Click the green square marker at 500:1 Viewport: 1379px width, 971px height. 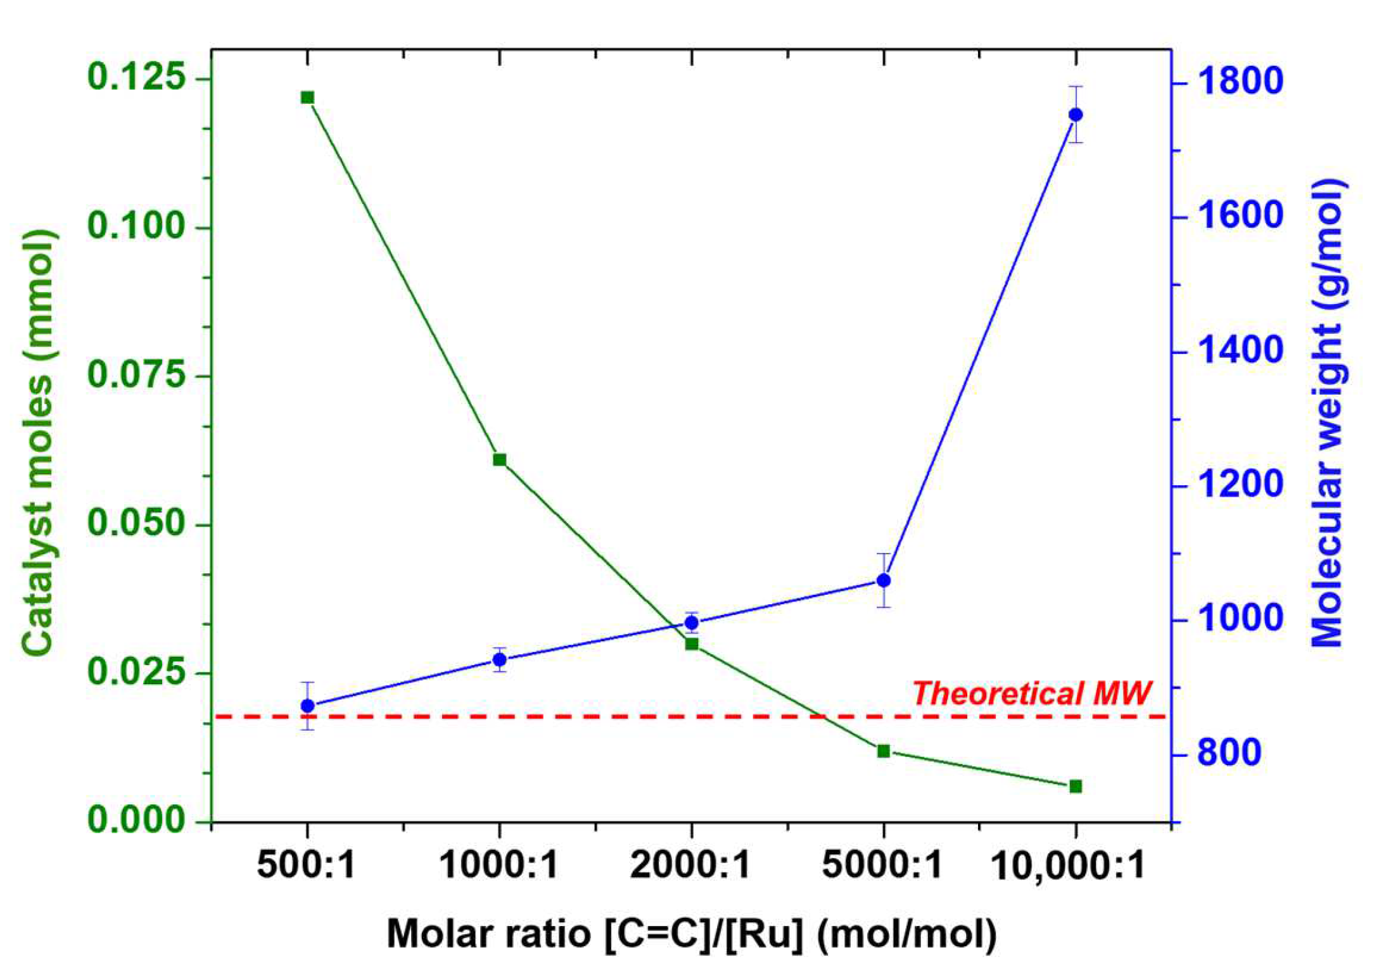(x=307, y=97)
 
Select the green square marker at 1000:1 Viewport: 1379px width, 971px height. (x=499, y=459)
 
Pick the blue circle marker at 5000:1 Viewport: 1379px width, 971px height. (x=884, y=580)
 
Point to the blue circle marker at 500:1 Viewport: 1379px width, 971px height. (x=308, y=706)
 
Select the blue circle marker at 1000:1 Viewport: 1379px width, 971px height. (x=499, y=660)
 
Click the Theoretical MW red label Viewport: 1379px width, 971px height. (x=1031, y=693)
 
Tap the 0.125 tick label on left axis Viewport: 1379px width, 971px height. (x=137, y=77)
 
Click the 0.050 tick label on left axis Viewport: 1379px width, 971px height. (x=137, y=523)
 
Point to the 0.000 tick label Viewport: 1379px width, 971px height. (x=137, y=819)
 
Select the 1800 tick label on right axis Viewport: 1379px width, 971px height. (x=1239, y=82)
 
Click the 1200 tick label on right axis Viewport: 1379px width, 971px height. (x=1239, y=485)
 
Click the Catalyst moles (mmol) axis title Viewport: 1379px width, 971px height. (x=39, y=443)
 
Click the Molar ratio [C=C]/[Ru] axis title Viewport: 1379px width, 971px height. (x=691, y=933)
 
